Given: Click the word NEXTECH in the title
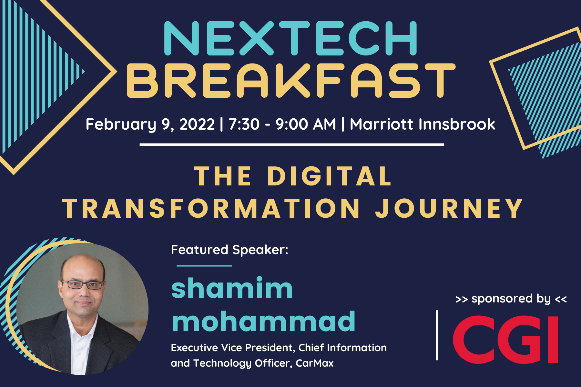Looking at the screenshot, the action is coord(290,38).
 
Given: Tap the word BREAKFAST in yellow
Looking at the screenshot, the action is coord(291,80).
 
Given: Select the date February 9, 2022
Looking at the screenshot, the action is coord(150,124).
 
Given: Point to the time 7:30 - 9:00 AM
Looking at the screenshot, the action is coord(282,124).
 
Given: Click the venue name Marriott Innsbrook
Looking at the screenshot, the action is coord(423,124).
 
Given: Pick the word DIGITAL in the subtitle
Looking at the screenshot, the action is coord(329,176).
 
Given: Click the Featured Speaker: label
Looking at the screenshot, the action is coord(229,250).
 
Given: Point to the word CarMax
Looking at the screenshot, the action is coord(315,363).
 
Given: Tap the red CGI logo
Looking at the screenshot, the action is coord(505,339).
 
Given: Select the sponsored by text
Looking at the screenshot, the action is coord(511,299).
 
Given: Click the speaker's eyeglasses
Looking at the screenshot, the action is coord(83,284).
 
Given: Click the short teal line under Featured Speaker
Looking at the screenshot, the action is coord(204,266).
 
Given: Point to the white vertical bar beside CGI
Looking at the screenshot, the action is coord(437,335).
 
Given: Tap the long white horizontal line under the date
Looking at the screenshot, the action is coord(292,145).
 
